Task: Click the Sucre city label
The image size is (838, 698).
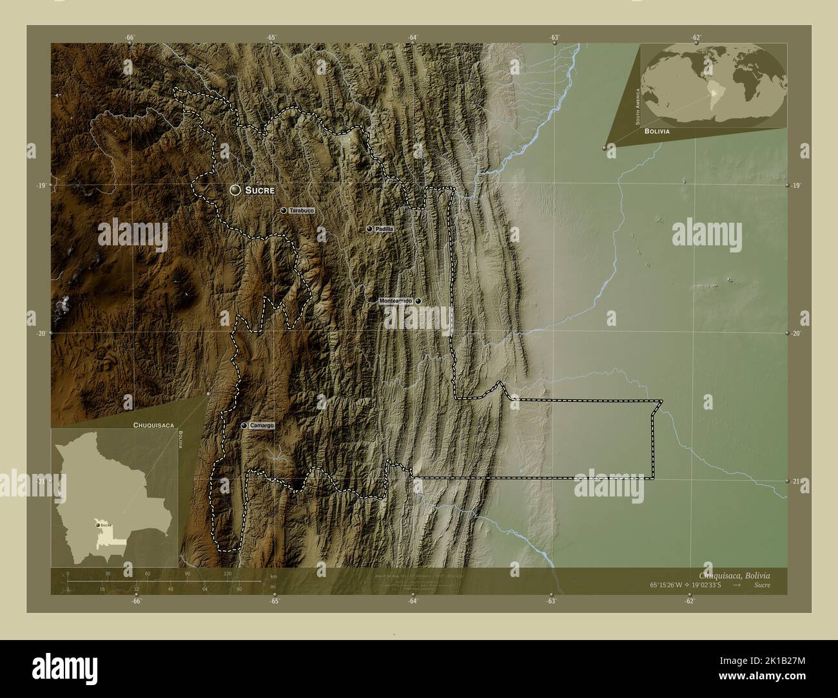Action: pos(260,191)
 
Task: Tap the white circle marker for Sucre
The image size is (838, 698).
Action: pos(235,190)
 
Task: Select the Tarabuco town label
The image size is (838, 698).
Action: pos(302,211)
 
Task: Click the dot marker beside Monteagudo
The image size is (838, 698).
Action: pos(418,301)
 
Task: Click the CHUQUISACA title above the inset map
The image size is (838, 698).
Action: pos(151,426)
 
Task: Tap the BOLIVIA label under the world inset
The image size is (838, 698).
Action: pos(656,131)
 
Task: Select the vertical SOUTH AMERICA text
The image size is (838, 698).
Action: pos(637,106)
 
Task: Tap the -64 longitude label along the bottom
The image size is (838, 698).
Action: pos(413,601)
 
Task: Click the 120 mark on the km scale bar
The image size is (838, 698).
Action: pos(227,573)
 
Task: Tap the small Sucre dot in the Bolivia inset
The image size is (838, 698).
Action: pos(98,525)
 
